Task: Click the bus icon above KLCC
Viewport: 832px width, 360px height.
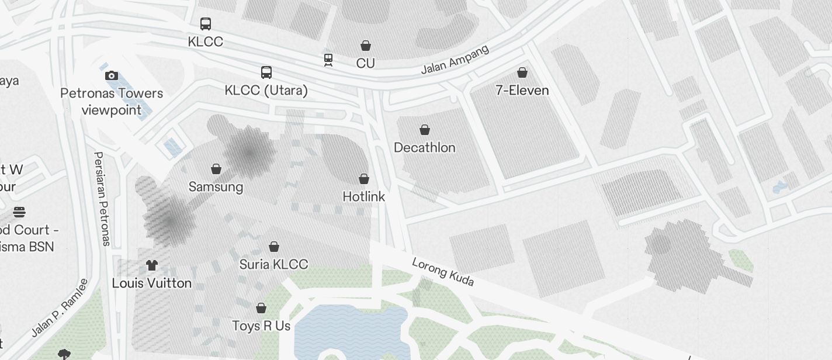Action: (206, 24)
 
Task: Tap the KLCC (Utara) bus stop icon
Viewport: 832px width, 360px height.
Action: (266, 72)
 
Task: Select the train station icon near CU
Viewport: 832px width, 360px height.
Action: (328, 60)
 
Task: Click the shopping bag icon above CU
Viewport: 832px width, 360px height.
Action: (366, 46)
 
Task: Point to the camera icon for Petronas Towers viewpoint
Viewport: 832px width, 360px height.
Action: (112, 75)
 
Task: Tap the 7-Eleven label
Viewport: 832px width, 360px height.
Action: (522, 90)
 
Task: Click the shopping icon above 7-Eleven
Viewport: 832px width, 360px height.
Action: (522, 72)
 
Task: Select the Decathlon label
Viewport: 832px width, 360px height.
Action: (424, 147)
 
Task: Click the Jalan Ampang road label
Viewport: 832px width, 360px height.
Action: (455, 60)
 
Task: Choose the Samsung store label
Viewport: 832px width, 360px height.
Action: (216, 187)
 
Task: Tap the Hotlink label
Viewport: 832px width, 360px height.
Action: (363, 196)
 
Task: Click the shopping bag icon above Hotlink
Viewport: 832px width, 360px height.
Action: (364, 179)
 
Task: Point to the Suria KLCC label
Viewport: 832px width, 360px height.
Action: (273, 264)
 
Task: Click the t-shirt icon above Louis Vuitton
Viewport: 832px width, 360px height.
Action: (152, 266)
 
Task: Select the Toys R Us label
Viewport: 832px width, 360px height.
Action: (261, 326)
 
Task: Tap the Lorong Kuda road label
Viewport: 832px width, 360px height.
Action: (443, 272)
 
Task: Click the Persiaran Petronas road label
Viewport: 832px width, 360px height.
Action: (102, 199)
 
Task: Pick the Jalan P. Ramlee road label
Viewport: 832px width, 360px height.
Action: (60, 307)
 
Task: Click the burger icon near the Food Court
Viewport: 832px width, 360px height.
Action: (19, 212)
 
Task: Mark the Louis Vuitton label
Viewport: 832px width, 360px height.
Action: (152, 283)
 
